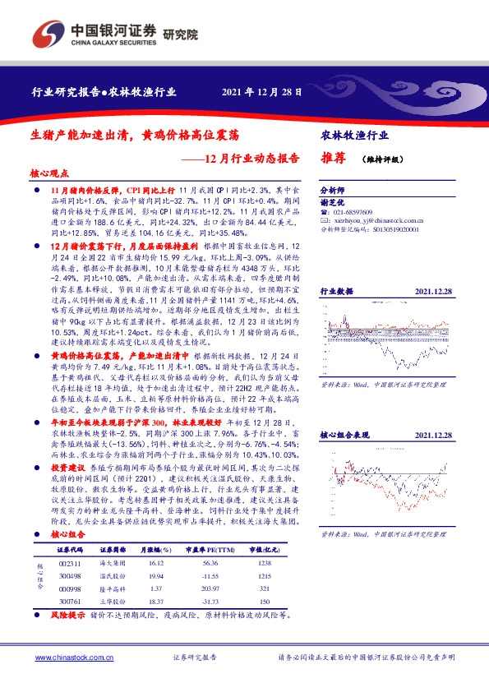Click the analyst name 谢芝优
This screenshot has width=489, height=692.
(x=330, y=201)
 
